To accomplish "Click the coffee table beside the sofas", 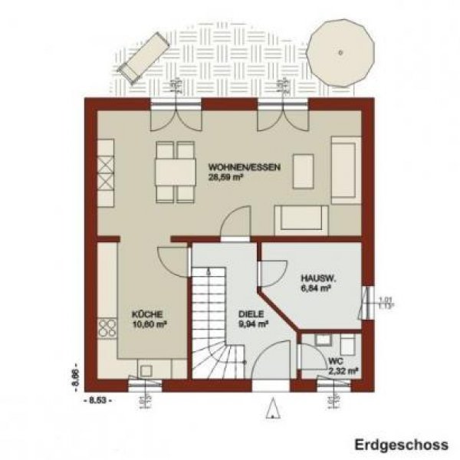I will point(304,170).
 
